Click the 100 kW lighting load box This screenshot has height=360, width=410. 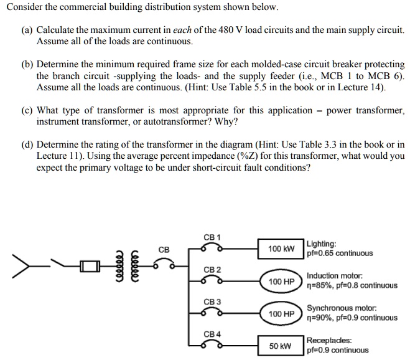pos(281,249)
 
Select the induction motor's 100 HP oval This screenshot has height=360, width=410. pos(281,281)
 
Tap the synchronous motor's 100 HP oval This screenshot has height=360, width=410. pos(281,313)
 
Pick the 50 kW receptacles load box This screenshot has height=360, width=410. pos(281,345)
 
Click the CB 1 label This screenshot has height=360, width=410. pos(212,237)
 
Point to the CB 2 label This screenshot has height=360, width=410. pos(212,269)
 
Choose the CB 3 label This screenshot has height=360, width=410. pos(212,301)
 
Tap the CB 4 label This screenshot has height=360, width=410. pos(212,334)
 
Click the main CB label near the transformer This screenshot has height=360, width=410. pos(164,250)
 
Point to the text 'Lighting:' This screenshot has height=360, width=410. pos(322,244)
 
